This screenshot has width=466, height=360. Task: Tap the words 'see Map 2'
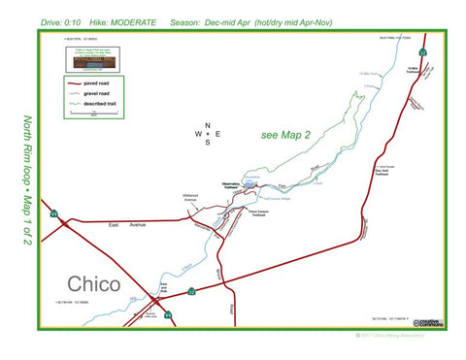pos(286,135)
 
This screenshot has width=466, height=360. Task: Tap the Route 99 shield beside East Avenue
pos(55,213)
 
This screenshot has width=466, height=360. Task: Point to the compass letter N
pos(207,125)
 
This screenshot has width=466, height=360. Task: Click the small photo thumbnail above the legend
pos(88,60)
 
